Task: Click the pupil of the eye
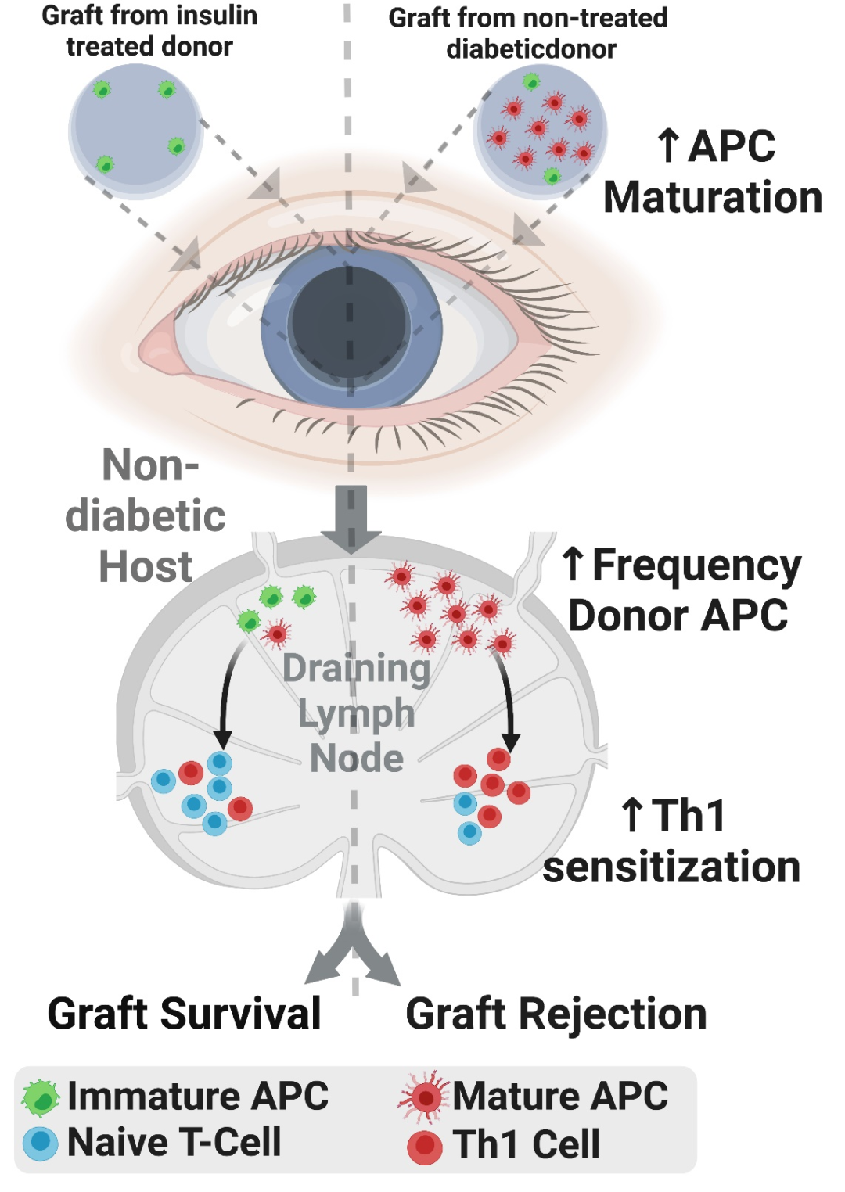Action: tap(350, 325)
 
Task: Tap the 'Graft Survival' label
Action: tap(185, 1014)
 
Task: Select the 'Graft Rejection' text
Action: tap(556, 1014)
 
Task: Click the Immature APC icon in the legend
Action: tap(41, 1097)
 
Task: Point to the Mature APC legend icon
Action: tap(424, 1097)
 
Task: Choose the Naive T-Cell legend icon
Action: tap(41, 1144)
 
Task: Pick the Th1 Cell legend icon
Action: tap(425, 1147)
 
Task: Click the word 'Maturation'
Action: tap(713, 197)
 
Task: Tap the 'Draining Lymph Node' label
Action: tap(357, 713)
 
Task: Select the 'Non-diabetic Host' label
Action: tap(146, 516)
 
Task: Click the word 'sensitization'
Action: tap(671, 867)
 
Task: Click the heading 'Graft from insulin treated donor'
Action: tap(149, 31)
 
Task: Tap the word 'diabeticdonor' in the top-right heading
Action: tap(531, 49)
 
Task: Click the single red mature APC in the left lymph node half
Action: tap(276, 634)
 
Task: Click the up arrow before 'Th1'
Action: tap(632, 815)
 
